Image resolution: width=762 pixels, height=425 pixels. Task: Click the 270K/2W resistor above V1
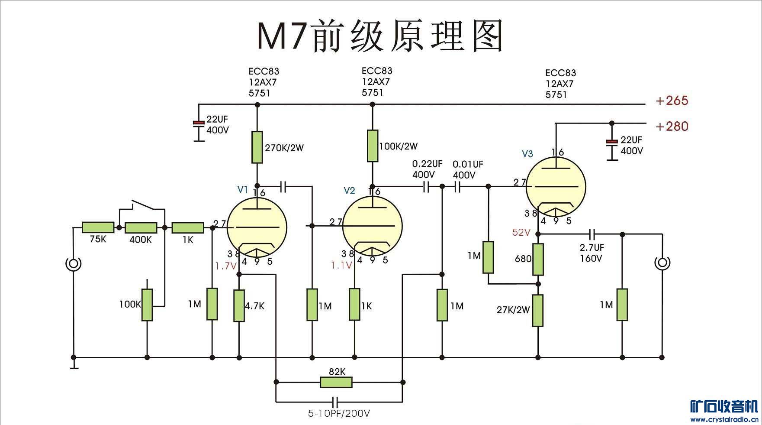tap(257, 147)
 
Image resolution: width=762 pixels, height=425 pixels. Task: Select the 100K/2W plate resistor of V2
tap(372, 146)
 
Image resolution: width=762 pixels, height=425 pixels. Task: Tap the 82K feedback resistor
tap(336, 382)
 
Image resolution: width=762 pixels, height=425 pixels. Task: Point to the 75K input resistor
tap(98, 227)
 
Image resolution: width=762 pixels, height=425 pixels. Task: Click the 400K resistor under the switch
tap(141, 228)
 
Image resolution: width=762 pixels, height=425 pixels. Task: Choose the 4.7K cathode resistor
tap(239, 306)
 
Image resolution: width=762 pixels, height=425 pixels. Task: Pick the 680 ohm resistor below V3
tap(538, 259)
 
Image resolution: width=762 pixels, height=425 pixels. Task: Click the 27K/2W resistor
tap(538, 310)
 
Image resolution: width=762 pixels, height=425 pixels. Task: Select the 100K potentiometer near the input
tap(147, 305)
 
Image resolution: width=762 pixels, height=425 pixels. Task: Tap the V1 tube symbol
tap(257, 228)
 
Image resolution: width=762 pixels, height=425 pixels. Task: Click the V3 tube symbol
tap(556, 187)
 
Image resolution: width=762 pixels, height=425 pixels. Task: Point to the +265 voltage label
tap(672, 101)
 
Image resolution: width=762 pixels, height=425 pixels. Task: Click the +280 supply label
tap(672, 127)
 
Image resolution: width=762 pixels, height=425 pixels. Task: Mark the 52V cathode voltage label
tap(521, 233)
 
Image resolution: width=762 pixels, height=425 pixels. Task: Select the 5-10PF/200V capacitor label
tap(339, 413)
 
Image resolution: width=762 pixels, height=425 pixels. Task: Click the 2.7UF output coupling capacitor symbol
tap(592, 234)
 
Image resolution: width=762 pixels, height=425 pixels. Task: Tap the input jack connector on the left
tap(73, 263)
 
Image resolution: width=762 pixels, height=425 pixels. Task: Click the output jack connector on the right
tap(662, 263)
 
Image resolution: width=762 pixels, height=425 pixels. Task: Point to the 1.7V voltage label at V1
tap(225, 266)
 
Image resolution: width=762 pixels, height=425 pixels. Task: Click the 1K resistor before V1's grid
tap(188, 228)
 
